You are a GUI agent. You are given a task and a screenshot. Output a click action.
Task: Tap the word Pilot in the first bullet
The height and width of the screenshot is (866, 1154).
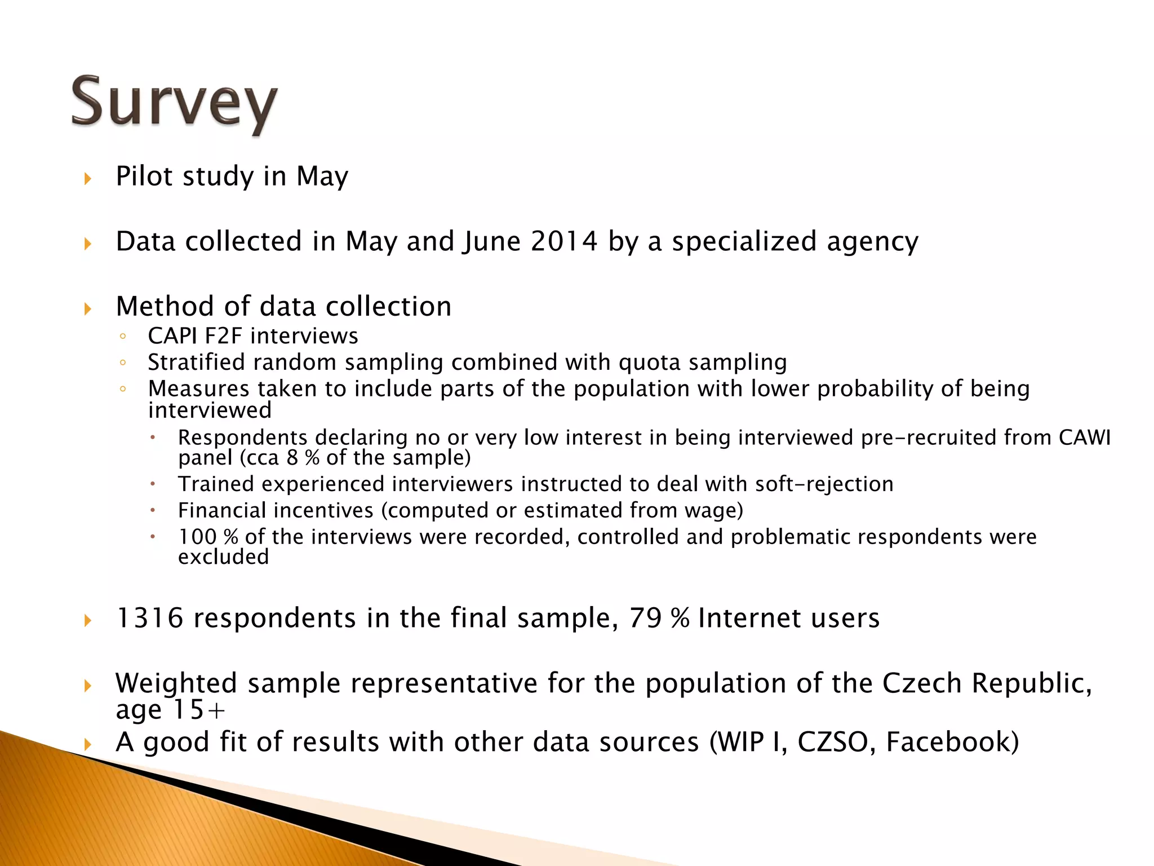tap(144, 176)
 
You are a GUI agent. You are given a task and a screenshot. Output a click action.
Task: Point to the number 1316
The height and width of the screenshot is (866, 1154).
tap(149, 618)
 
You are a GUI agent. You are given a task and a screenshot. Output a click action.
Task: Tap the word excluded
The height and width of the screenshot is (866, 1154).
tap(224, 558)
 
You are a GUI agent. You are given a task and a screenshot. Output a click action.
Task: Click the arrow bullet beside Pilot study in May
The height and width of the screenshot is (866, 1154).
tap(88, 179)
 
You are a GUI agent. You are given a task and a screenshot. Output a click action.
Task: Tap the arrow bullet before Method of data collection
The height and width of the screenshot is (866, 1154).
tap(88, 309)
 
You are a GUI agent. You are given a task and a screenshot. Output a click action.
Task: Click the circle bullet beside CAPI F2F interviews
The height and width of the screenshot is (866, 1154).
tap(123, 337)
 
